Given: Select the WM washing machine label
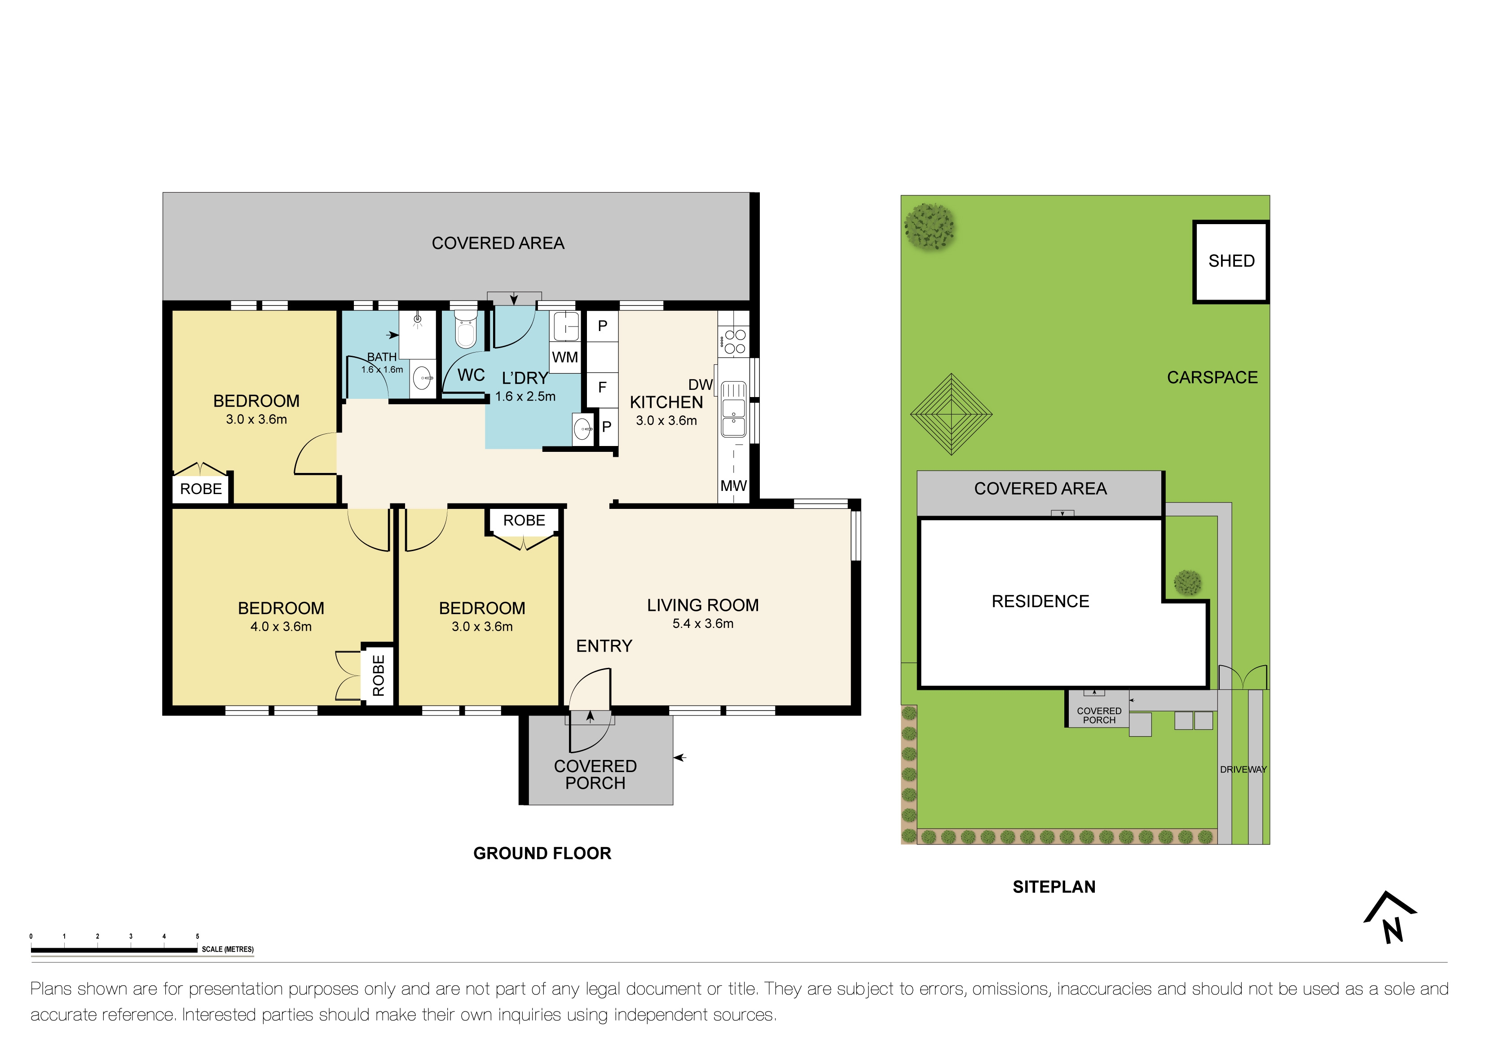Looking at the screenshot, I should point(565,357).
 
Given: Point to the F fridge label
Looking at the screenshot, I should point(602,387).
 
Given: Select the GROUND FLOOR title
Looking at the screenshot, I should point(542,854).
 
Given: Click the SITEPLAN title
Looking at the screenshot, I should point(1054,887).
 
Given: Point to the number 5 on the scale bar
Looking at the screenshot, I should point(197,936).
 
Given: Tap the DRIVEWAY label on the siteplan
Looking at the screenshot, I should point(1243,769).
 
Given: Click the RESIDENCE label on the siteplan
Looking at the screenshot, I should point(1040,601).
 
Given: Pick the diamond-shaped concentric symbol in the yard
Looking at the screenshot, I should point(951,414).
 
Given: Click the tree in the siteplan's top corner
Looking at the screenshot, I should point(930,226).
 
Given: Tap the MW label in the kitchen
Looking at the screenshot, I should point(733,486).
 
